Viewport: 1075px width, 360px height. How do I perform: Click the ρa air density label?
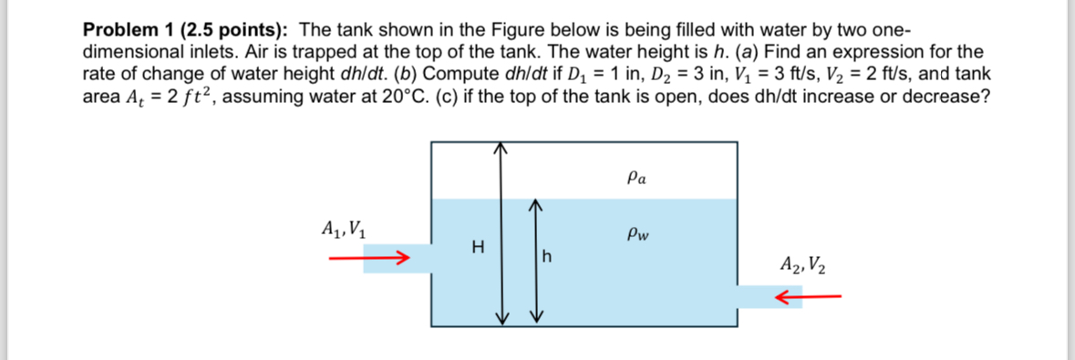[x=638, y=180]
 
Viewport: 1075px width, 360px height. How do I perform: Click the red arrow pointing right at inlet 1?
[x=366, y=258]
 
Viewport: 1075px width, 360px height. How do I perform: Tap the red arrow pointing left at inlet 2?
[x=807, y=296]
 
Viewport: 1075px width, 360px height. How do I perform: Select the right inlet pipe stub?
[x=769, y=297]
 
